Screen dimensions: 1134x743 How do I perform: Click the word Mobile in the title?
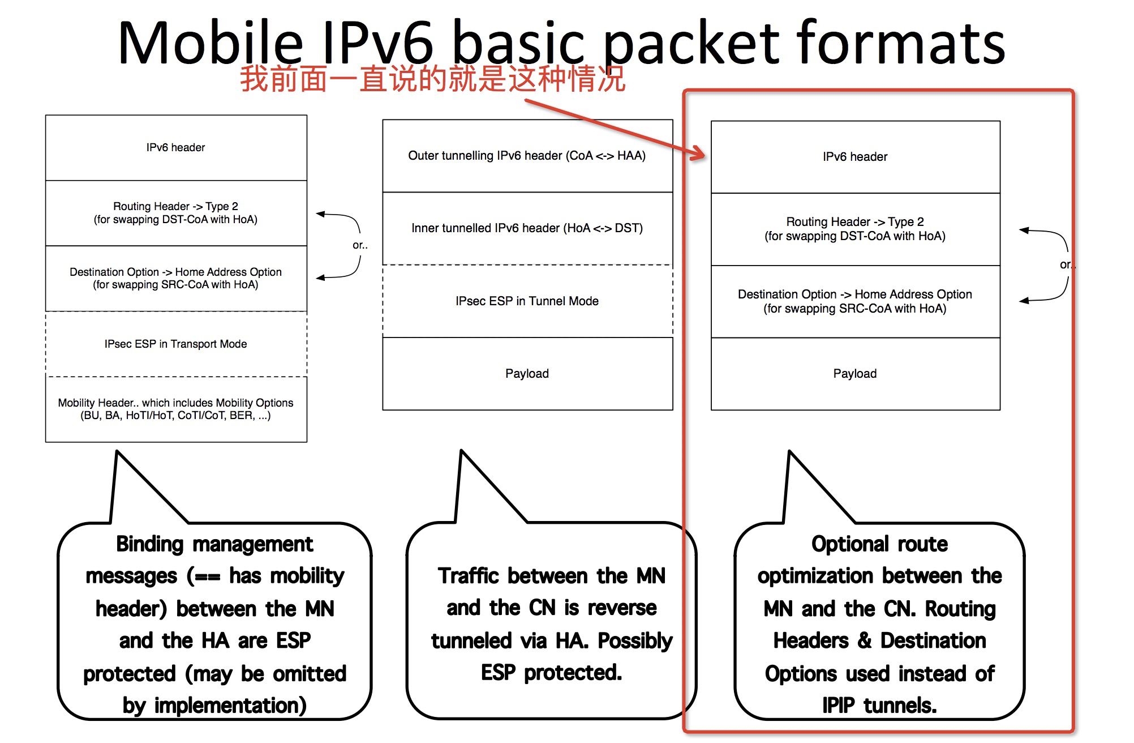tap(211, 43)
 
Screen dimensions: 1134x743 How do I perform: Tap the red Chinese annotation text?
tap(432, 79)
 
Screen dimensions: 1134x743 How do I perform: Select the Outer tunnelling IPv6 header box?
tap(527, 156)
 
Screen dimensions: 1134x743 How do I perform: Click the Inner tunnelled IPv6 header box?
tap(527, 228)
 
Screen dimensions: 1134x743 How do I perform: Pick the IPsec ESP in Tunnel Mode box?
tap(527, 301)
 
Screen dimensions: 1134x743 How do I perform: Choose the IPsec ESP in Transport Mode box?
tap(176, 344)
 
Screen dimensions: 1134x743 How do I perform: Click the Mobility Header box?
tap(176, 409)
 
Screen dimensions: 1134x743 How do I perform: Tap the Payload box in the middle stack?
tap(527, 374)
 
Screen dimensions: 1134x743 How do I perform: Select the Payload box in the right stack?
tap(855, 374)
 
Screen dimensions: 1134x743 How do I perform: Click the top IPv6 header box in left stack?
tap(176, 148)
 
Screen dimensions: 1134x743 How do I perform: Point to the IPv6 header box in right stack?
tap(855, 157)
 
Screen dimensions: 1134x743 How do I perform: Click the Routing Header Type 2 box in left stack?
tap(176, 213)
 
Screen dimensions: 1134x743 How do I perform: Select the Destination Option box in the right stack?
tap(855, 301)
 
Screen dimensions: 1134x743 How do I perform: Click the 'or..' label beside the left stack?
tap(360, 245)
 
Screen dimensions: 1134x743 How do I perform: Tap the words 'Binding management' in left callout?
tap(214, 544)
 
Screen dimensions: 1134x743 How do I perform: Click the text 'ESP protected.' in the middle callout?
tap(551, 673)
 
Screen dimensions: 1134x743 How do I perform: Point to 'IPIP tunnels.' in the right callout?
tap(879, 706)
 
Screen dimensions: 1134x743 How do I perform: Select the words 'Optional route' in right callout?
tap(879, 544)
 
